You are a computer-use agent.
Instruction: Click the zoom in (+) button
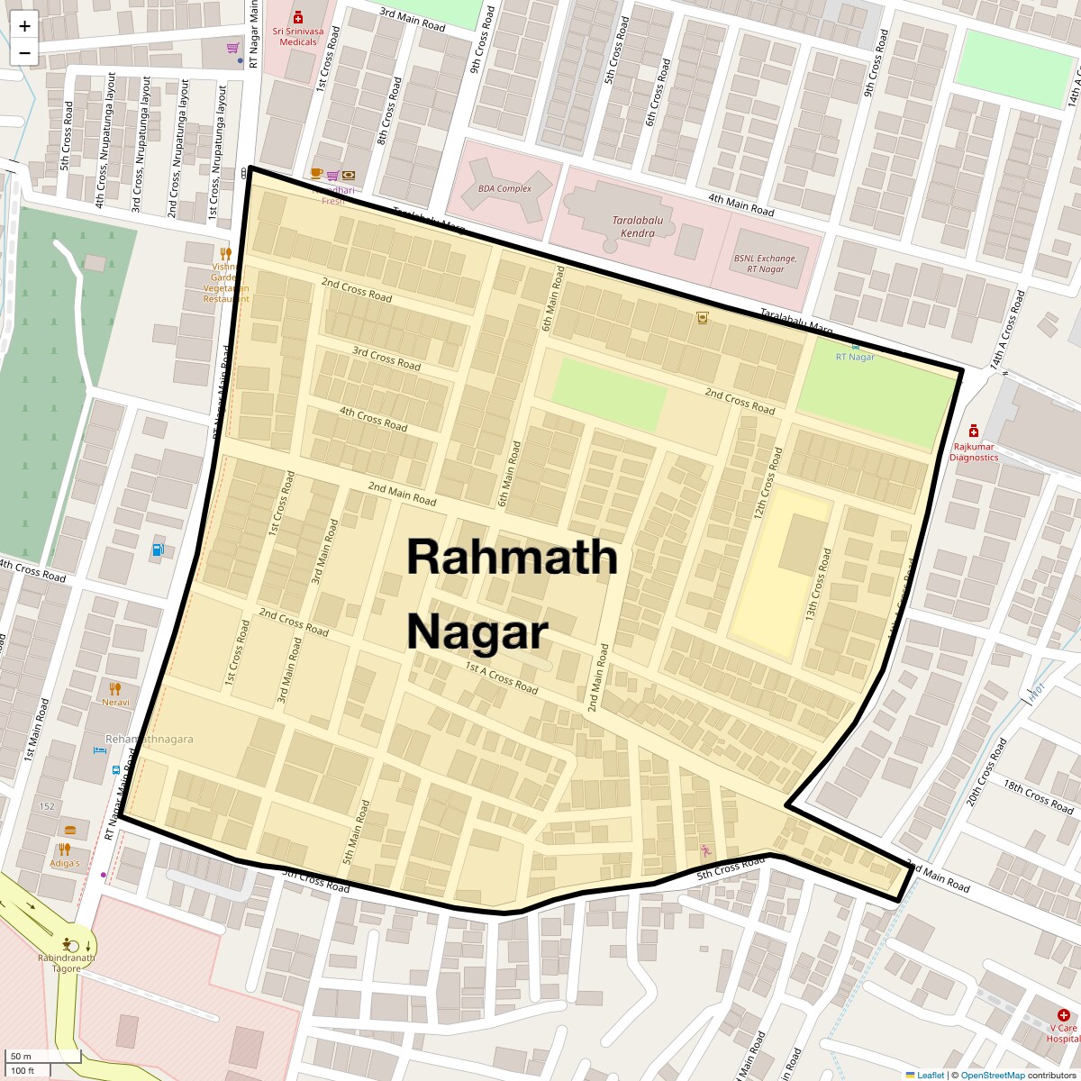pyautogui.click(x=24, y=26)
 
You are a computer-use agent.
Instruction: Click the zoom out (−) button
pyautogui.click(x=24, y=53)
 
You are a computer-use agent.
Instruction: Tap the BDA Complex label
pyautogui.click(x=504, y=189)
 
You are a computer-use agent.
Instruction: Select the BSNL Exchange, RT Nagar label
pyautogui.click(x=765, y=263)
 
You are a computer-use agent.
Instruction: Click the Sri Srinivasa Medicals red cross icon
pyautogui.click(x=298, y=17)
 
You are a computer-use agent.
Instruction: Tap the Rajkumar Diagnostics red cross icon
pyautogui.click(x=973, y=431)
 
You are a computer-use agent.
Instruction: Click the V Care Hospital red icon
pyautogui.click(x=1063, y=1015)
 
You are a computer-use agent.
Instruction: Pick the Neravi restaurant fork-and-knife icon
pyautogui.click(x=114, y=689)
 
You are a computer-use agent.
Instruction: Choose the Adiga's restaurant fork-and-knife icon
pyautogui.click(x=64, y=849)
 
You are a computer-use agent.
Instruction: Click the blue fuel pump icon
pyautogui.click(x=159, y=549)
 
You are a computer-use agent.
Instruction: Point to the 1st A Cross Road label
pyautogui.click(x=501, y=677)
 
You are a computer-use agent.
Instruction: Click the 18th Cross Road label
pyautogui.click(x=1038, y=795)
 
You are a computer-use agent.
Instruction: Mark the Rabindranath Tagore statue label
pyautogui.click(x=66, y=962)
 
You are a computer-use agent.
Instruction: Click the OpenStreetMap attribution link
pyautogui.click(x=992, y=1075)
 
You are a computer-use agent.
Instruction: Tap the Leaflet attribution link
pyautogui.click(x=931, y=1075)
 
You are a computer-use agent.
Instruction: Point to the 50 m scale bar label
pyautogui.click(x=21, y=1056)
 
